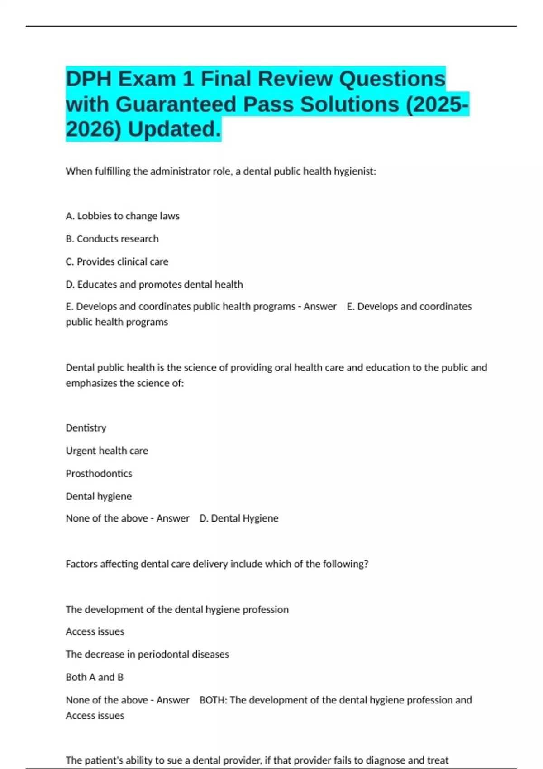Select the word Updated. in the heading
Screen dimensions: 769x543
click(175, 129)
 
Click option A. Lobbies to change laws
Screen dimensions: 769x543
click(123, 216)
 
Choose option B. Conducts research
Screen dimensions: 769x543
click(112, 239)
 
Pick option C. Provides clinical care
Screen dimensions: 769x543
click(117, 262)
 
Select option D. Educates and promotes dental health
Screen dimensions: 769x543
click(154, 285)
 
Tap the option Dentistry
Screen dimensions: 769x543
click(86, 428)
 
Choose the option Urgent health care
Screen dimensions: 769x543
click(107, 451)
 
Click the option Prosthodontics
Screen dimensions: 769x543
click(99, 474)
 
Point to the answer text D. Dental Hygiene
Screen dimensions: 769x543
click(239, 518)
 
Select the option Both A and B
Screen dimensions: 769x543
click(95, 677)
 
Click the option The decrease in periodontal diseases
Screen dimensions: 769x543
click(147, 655)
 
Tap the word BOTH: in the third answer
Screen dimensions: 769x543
click(214, 700)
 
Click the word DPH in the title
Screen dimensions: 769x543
click(89, 80)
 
